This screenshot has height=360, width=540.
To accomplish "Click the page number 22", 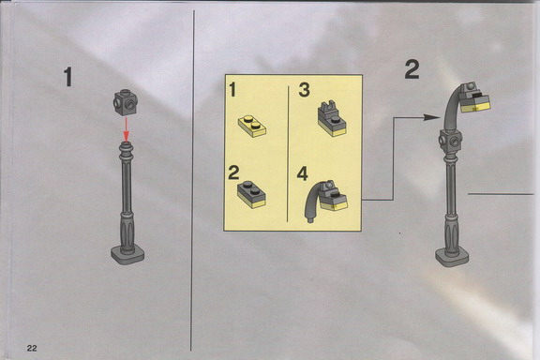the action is click(x=32, y=349).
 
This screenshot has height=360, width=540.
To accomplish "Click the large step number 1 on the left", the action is click(x=68, y=77).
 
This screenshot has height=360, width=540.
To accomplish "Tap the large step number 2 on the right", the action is click(x=412, y=69).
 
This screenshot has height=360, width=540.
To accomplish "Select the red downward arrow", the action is click(x=127, y=129).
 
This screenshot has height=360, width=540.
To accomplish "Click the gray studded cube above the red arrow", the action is click(x=126, y=102).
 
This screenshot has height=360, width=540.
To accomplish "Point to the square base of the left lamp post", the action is click(x=127, y=255).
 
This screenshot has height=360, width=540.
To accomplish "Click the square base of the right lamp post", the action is click(x=452, y=257).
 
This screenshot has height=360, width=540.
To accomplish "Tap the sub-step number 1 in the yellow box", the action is click(x=232, y=89).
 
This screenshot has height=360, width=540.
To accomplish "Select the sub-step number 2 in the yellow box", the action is click(x=233, y=172).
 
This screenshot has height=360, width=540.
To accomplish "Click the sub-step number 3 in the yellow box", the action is click(x=305, y=90).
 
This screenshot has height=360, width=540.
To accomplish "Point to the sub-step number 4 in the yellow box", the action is click(x=303, y=173).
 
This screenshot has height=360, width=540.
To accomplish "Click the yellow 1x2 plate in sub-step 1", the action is click(x=252, y=126).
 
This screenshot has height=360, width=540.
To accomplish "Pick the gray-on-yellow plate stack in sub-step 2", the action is click(x=252, y=194).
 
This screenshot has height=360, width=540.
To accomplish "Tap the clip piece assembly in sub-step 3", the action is click(x=332, y=119).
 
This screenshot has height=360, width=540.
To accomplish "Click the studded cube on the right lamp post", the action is click(x=450, y=141).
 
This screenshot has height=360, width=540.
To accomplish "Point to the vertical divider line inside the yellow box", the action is click(x=288, y=154).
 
